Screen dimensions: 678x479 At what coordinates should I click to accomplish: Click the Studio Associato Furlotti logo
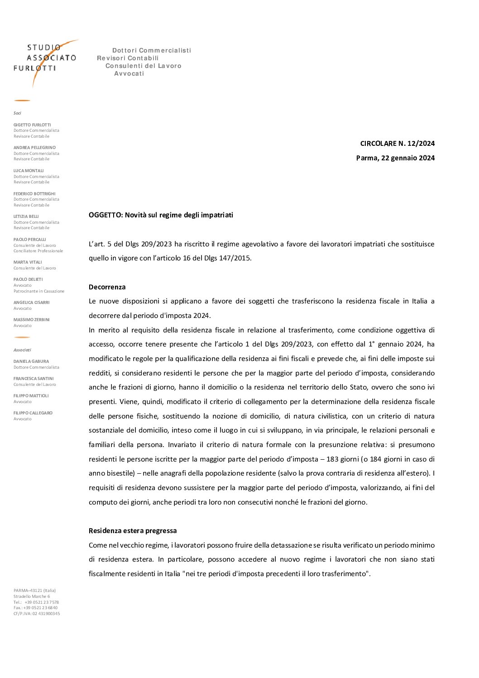(45, 59)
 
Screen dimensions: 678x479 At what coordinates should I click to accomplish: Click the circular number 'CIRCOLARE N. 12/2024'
(397, 144)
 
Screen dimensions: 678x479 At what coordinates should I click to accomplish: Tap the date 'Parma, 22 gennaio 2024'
(395, 158)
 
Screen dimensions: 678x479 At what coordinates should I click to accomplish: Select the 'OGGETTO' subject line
(161, 215)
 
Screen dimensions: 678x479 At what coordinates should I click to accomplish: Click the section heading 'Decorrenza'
(107, 287)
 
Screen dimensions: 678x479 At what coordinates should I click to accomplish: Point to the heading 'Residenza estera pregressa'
(133, 531)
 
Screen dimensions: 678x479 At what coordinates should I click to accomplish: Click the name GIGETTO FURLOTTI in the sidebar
(32, 125)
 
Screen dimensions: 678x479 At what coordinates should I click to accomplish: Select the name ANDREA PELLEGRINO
(34, 148)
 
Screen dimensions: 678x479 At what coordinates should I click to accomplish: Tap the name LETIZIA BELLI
(26, 216)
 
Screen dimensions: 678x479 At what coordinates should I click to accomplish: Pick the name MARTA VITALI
(28, 262)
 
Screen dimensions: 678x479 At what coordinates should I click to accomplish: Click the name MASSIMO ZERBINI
(32, 320)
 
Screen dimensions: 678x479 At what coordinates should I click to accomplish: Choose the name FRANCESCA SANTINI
(34, 379)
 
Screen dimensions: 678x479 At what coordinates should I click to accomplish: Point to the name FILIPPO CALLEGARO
(33, 413)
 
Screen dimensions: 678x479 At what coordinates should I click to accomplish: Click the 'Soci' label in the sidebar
(17, 113)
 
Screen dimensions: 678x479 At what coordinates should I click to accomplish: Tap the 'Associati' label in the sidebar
(22, 350)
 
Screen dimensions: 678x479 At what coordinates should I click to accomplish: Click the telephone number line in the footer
(36, 602)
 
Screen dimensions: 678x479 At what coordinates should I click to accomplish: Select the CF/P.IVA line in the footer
(37, 614)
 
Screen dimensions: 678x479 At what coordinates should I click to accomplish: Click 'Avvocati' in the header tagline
(129, 74)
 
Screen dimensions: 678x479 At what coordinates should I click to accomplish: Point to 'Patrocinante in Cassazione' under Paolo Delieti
(39, 291)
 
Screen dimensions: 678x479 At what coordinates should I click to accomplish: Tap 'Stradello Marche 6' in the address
(32, 596)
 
